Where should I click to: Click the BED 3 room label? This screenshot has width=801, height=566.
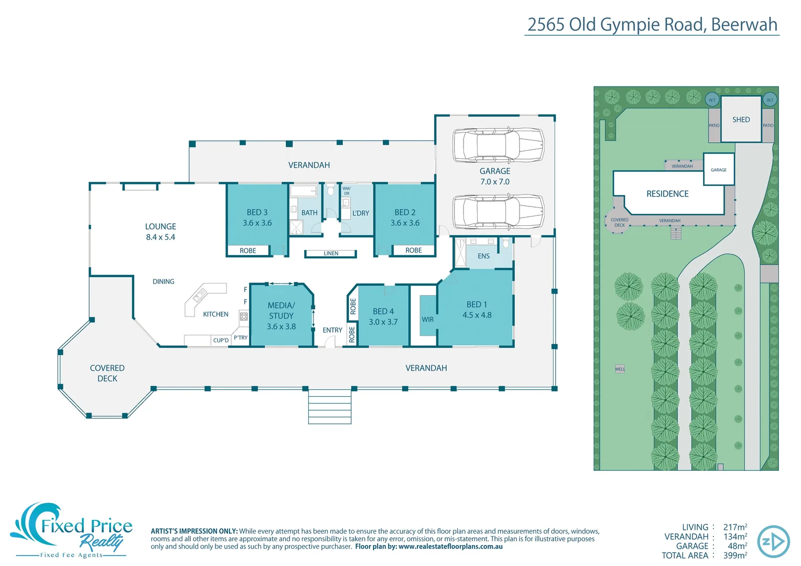click(x=257, y=213)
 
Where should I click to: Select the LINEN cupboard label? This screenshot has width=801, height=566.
click(x=331, y=254)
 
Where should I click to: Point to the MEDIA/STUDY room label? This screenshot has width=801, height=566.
click(x=281, y=311)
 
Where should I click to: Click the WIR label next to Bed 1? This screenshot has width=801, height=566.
click(x=428, y=320)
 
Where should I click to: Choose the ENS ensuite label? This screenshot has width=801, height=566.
click(x=483, y=256)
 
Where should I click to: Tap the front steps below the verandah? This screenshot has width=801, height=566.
click(x=330, y=407)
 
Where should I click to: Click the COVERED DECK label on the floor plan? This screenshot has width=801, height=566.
click(x=107, y=373)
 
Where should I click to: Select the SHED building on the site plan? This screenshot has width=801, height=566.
click(x=741, y=119)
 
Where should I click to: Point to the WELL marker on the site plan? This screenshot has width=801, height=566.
click(x=620, y=369)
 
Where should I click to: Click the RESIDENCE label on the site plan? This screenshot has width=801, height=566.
click(x=667, y=194)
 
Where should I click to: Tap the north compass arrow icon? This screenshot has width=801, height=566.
click(x=773, y=541)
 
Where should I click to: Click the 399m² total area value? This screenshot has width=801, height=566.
click(x=735, y=556)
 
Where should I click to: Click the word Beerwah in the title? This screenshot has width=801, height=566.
click(x=744, y=25)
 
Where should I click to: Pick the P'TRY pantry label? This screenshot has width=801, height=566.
click(x=241, y=338)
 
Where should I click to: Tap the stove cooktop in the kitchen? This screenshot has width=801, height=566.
click(x=244, y=316)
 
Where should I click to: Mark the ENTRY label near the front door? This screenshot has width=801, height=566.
click(x=332, y=330)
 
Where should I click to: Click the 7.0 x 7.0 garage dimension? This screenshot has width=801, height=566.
click(x=494, y=182)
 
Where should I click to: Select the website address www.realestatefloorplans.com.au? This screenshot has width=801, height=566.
click(x=450, y=547)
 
